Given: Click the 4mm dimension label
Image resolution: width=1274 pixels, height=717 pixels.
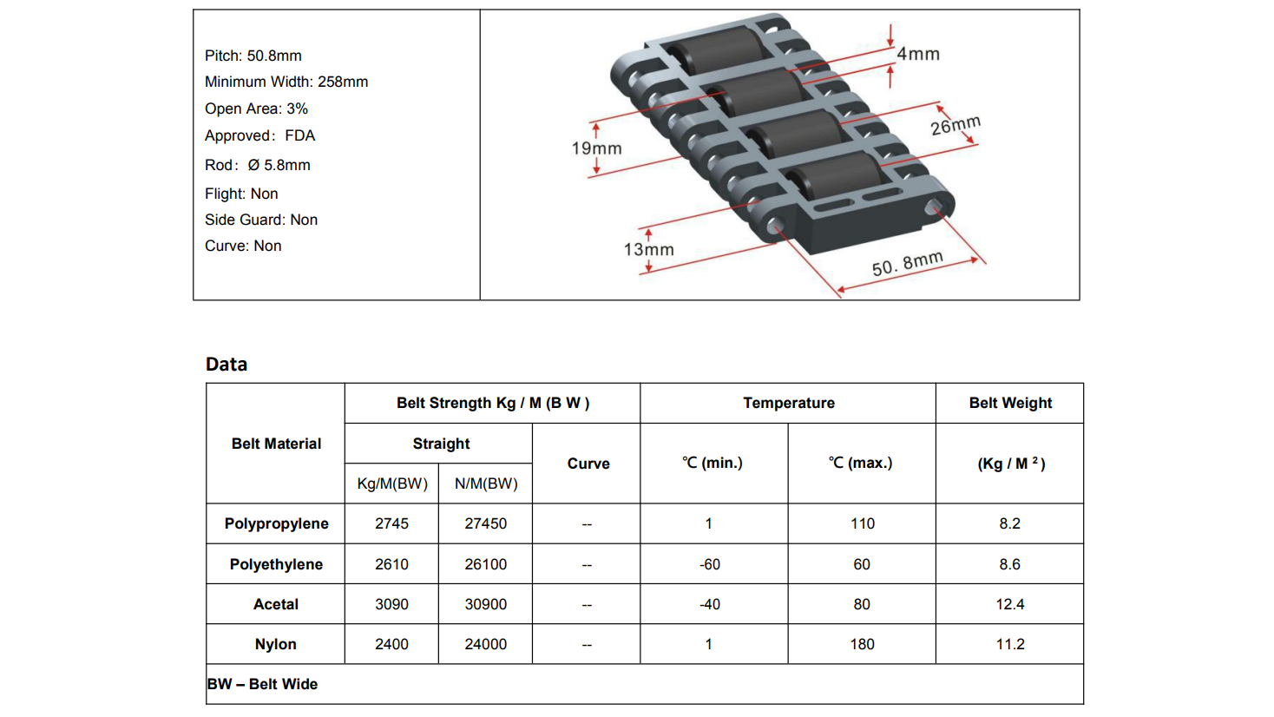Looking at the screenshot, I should pyautogui.click(x=917, y=54).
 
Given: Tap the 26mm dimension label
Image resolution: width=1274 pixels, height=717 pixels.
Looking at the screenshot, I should pyautogui.click(x=955, y=126).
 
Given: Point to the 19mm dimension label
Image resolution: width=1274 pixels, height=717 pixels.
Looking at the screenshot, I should pyautogui.click(x=596, y=148).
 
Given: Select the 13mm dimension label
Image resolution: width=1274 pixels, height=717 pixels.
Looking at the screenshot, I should pyautogui.click(x=648, y=250).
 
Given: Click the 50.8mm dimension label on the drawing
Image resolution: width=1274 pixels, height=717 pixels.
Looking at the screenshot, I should pyautogui.click(x=907, y=264).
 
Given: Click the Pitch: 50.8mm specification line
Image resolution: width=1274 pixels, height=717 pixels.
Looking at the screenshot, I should pyautogui.click(x=253, y=56).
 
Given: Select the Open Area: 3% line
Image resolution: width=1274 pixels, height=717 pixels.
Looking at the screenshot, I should pyautogui.click(x=256, y=109).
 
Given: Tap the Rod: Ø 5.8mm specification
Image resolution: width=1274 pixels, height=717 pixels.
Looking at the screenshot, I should pyautogui.click(x=257, y=165).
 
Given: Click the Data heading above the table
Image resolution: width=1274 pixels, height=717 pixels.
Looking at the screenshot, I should pyautogui.click(x=227, y=365).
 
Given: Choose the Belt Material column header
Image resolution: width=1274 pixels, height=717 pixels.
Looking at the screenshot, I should pyautogui.click(x=276, y=444).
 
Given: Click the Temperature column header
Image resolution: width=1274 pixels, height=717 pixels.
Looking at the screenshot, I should pyautogui.click(x=788, y=403).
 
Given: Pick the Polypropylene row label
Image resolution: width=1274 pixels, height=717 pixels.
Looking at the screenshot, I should pyautogui.click(x=276, y=523).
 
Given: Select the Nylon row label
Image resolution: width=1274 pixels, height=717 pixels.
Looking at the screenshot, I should pyautogui.click(x=276, y=644).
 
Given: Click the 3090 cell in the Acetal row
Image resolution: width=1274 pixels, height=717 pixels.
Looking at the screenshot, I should pyautogui.click(x=391, y=604).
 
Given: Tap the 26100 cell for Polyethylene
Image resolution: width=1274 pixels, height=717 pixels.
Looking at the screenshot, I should pyautogui.click(x=485, y=564).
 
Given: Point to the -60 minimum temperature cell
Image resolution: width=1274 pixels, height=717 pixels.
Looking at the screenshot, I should pyautogui.click(x=710, y=564).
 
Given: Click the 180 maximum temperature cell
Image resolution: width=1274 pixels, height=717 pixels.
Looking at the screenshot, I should pyautogui.click(x=862, y=644).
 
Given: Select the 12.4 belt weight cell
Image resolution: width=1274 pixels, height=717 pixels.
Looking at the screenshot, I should pyautogui.click(x=1009, y=604).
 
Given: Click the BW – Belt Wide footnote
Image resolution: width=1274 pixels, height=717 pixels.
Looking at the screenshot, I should pyautogui.click(x=263, y=684).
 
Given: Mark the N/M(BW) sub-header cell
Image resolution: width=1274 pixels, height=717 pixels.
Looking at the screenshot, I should pyautogui.click(x=485, y=483).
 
